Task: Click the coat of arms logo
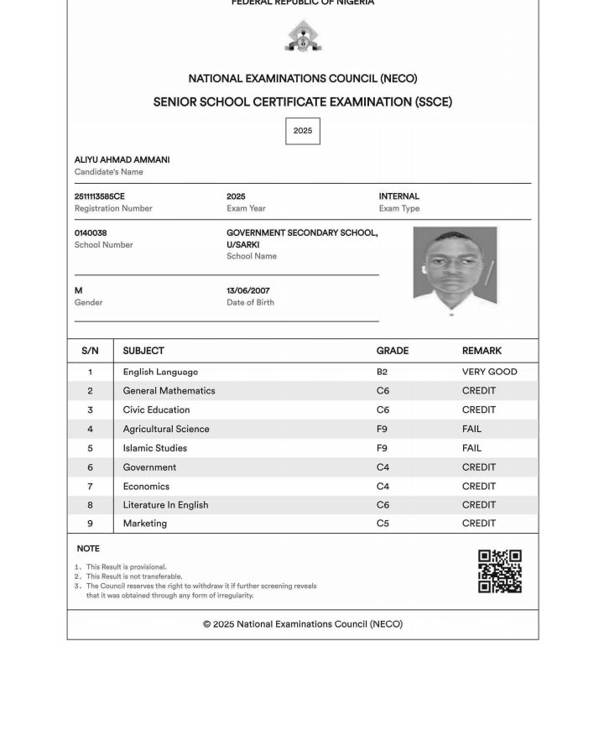pos(303,37)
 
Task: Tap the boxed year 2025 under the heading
pos(303,131)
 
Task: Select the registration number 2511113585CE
pos(100,196)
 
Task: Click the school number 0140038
pos(91,233)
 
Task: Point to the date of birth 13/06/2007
pos(248,291)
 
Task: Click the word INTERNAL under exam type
pos(399,196)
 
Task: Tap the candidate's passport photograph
pos(455,267)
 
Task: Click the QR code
pos(500,571)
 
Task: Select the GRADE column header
pos(393,351)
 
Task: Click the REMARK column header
pos(482,351)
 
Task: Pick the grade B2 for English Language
pos(382,372)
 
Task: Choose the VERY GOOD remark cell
pos(489,372)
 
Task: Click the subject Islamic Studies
pos(155,448)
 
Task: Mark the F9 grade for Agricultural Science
pos(382,429)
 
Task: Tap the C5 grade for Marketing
pos(383,524)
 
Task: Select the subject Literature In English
pos(165,505)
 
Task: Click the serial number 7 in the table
pos(91,487)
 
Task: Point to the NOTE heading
pos(88,549)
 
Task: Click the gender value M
pos(79,291)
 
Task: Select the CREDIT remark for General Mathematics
pos(479,391)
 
